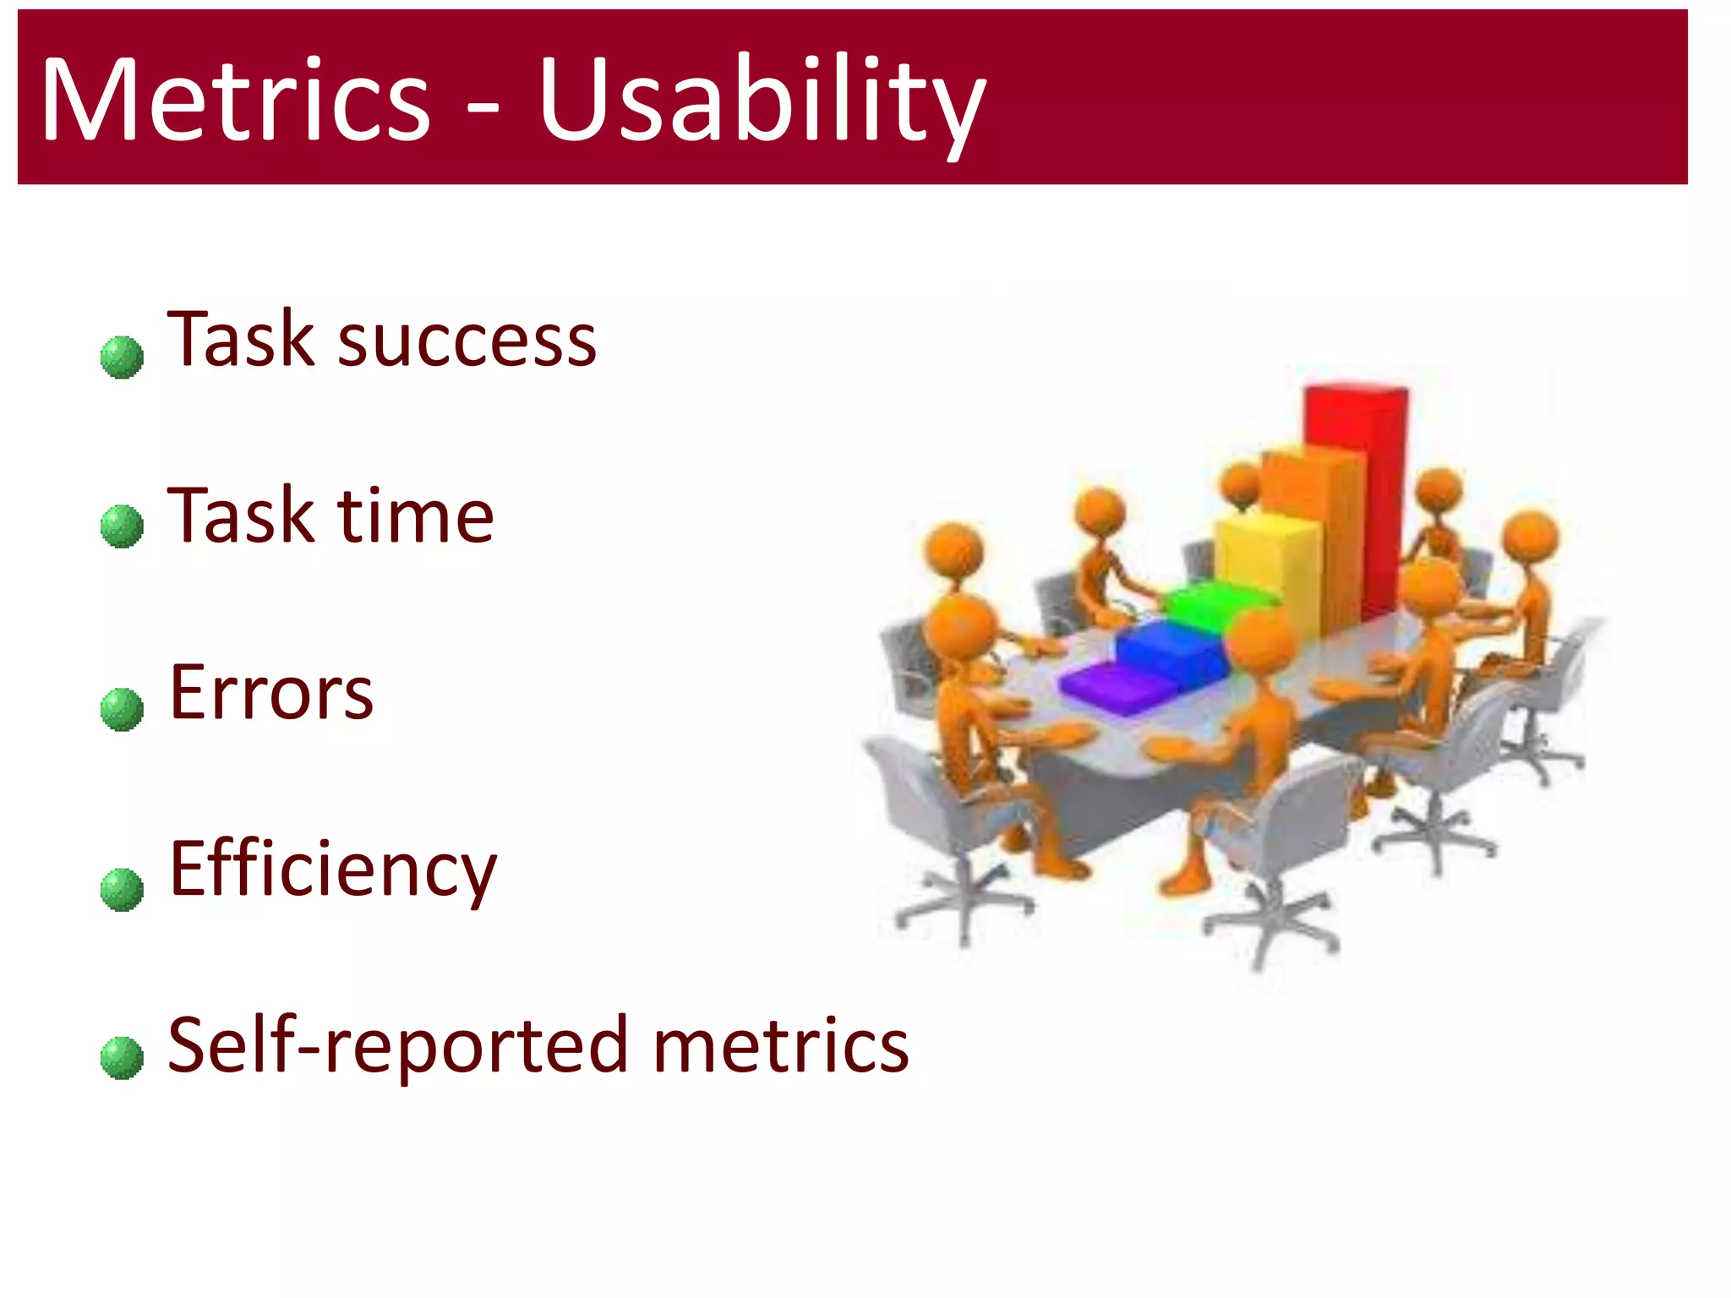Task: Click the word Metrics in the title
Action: click(x=235, y=100)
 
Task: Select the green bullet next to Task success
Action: click(x=122, y=357)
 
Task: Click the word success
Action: click(x=467, y=341)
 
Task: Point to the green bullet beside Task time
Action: click(x=122, y=526)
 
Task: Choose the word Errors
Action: click(x=270, y=693)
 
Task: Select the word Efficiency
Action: click(x=333, y=870)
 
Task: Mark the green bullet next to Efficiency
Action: click(x=122, y=889)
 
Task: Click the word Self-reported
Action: click(x=397, y=1046)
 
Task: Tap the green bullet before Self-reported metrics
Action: click(x=122, y=1057)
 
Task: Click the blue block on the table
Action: click(x=1171, y=647)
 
